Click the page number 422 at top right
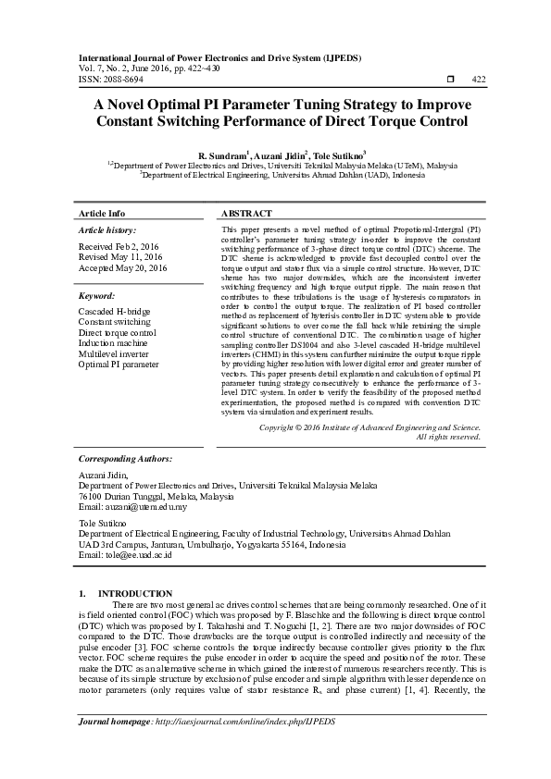pos(479,80)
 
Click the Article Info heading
pos(102,213)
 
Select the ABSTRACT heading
pos(247,213)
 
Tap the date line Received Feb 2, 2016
pos(119,246)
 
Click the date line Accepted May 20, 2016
pos(123,268)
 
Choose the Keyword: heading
pos(96,296)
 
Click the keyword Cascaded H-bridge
pos(114,313)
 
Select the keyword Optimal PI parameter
pos(119,365)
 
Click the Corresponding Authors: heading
pos(125,458)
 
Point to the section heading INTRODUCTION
pos(135,593)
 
